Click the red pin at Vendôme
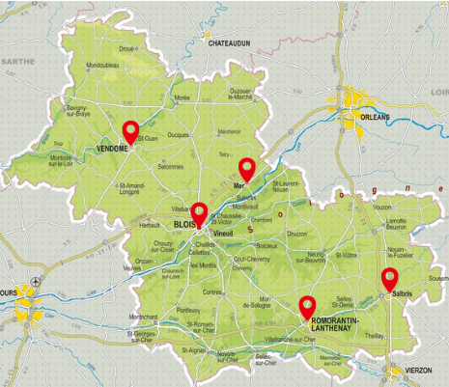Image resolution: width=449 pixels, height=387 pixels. [x=131, y=131]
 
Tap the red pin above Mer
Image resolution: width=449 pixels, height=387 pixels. [x=247, y=169]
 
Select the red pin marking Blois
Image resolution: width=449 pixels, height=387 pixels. [x=199, y=211]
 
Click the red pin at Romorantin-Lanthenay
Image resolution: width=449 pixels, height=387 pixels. [x=308, y=306]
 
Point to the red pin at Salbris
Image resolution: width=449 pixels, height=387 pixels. [x=389, y=279]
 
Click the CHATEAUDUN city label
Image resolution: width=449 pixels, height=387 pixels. [x=234, y=42]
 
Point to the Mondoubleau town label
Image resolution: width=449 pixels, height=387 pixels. [x=102, y=66]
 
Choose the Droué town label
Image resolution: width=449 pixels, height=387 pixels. [x=126, y=47]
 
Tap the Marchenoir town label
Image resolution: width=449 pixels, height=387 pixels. [x=229, y=131]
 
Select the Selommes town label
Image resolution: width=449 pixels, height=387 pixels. [x=170, y=166]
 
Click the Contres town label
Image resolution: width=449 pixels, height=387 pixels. [x=213, y=290]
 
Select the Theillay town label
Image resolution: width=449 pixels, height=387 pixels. [x=375, y=335]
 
